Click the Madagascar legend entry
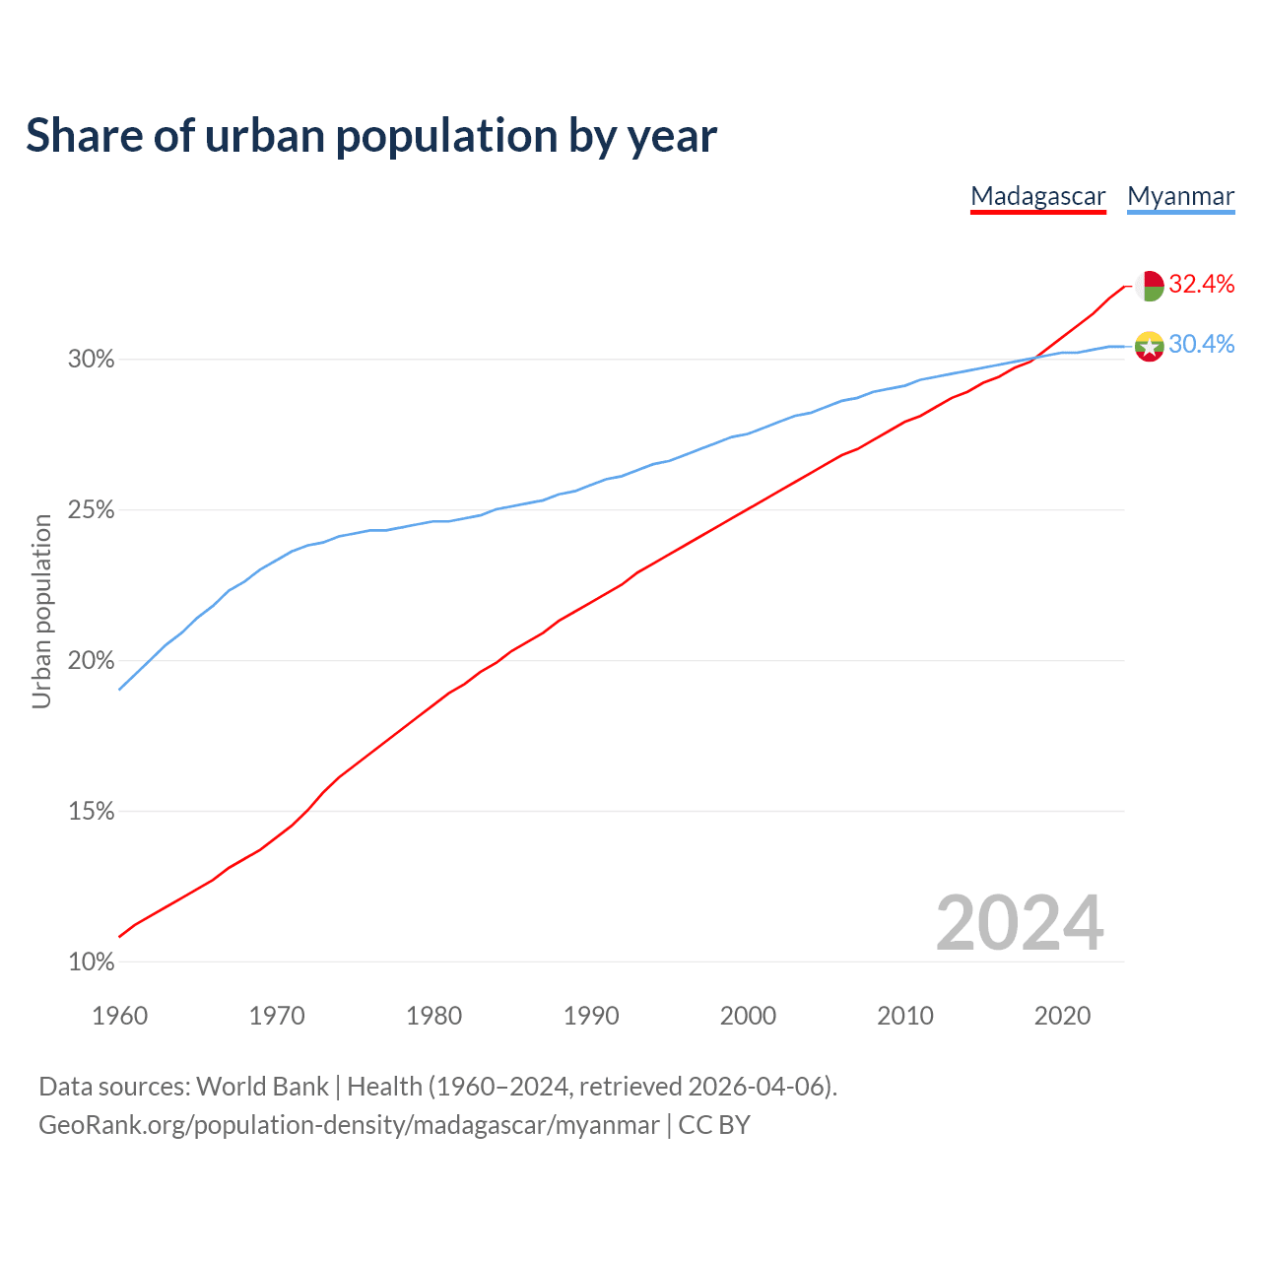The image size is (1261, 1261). tap(1038, 196)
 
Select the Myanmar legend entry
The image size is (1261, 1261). tap(1180, 196)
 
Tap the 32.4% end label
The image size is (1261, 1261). tap(1201, 285)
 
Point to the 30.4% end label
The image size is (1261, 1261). tap(1201, 344)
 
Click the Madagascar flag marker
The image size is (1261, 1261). tap(1150, 286)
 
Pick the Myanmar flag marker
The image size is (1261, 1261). tap(1150, 346)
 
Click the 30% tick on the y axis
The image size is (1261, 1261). tap(92, 360)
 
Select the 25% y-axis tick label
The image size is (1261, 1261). tap(92, 510)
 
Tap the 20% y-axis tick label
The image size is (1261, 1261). tap(92, 661)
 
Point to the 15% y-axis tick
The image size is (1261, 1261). tap(92, 812)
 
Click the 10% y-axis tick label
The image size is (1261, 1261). tap(92, 962)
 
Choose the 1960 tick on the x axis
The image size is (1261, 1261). tap(120, 1016)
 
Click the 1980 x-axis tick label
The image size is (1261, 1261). tap(434, 1016)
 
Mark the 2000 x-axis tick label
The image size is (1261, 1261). tap(749, 1016)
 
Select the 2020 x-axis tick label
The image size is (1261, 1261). tap(1062, 1016)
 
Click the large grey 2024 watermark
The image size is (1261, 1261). tap(1020, 923)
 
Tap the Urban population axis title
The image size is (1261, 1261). tap(41, 612)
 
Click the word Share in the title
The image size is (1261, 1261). tap(83, 136)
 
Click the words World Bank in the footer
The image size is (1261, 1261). tap(262, 1087)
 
